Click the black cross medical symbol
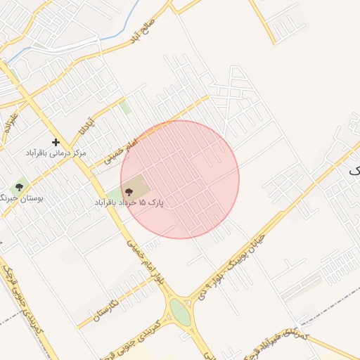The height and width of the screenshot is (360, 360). [56, 142]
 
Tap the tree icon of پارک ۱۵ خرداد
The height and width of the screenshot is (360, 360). [128, 191]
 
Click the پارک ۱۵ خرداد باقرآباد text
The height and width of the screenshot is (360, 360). [129, 202]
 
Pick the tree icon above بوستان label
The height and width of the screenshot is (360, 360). [19, 188]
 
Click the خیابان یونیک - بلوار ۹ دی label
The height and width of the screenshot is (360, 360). [236, 267]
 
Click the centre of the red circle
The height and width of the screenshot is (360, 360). [180, 179]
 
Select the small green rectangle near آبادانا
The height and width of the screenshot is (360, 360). [124, 107]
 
